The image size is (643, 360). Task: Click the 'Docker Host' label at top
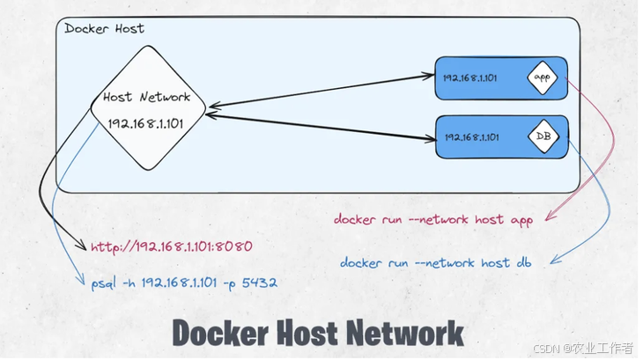click(x=105, y=28)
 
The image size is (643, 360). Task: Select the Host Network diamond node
click(x=148, y=109)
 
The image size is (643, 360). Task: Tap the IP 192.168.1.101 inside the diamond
click(x=148, y=121)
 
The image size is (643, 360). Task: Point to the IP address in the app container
click(x=471, y=78)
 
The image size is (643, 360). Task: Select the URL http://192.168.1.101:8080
click(x=171, y=246)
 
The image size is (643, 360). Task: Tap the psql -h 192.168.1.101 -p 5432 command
click(x=185, y=283)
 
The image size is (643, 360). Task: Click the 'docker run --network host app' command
click(x=432, y=219)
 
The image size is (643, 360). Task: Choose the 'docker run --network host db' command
click(x=437, y=261)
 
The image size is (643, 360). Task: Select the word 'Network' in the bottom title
click(x=401, y=334)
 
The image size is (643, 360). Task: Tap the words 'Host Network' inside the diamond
click(x=146, y=97)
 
